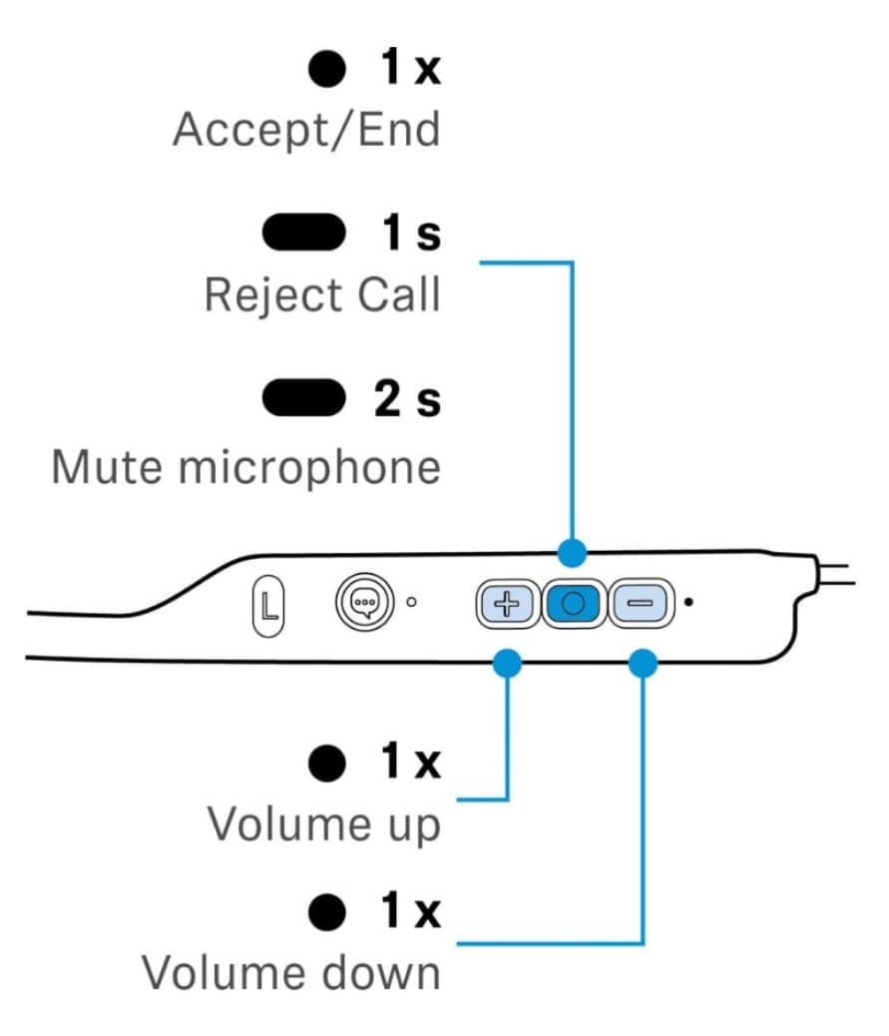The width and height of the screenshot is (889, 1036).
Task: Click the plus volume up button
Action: click(509, 605)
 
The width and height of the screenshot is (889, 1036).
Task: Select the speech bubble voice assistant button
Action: click(360, 604)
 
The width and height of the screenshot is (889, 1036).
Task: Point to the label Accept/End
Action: click(306, 130)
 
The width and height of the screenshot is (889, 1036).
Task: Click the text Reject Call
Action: click(321, 294)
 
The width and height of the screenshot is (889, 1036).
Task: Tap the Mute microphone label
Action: click(245, 466)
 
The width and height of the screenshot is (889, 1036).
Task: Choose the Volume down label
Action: click(290, 972)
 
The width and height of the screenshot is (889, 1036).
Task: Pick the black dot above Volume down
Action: click(327, 911)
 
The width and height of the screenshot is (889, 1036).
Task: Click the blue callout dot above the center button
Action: click(572, 550)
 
